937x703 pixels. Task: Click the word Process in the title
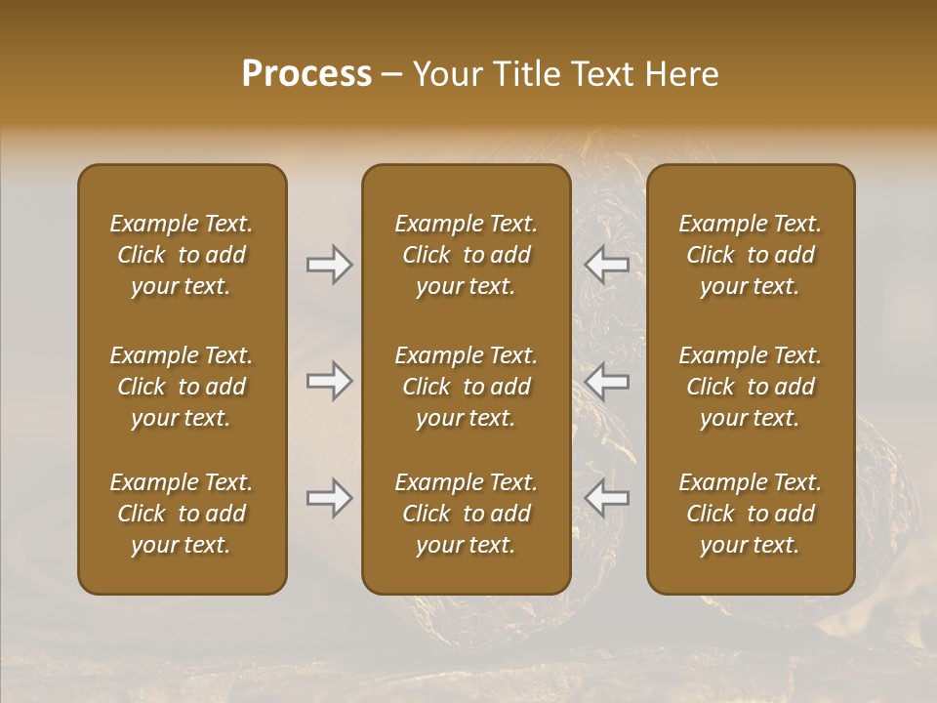point(306,74)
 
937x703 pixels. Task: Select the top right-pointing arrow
point(330,265)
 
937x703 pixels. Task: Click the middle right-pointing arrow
point(330,381)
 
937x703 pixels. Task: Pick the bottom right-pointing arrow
point(330,498)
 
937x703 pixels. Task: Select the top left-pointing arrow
point(606,265)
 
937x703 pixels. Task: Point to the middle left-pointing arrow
point(606,381)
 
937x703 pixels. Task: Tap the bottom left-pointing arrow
point(606,498)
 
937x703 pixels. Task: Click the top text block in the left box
point(182,255)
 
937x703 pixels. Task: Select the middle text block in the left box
point(182,387)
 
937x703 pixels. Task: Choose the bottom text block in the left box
point(182,514)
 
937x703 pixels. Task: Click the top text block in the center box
point(466,255)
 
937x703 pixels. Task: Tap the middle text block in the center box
point(466,387)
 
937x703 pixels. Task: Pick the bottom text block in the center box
point(466,514)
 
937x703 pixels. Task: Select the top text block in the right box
point(751,255)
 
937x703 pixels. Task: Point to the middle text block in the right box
point(751,387)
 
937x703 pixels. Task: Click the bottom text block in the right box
point(751,514)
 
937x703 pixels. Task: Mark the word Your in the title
point(445,74)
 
